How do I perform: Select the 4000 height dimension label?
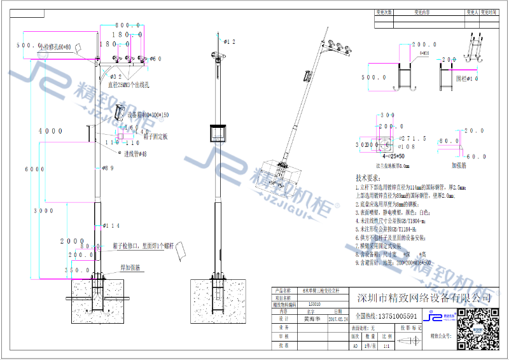(50, 130)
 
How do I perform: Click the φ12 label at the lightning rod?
(230, 42)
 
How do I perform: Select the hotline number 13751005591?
(386, 316)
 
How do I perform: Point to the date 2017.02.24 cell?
(337, 319)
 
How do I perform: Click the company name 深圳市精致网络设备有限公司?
(424, 298)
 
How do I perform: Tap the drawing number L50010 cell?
(314, 305)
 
